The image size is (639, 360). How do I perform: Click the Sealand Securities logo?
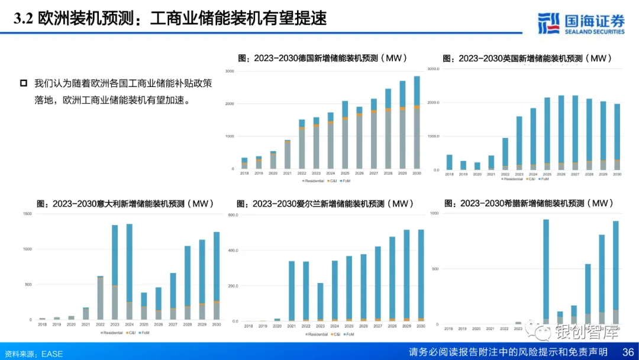tap(581, 23)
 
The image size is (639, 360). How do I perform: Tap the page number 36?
tap(628, 352)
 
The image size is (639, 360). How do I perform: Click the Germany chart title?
tap(322, 58)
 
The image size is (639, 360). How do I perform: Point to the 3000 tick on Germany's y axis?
tap(230, 71)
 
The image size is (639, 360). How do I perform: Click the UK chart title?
tap(527, 58)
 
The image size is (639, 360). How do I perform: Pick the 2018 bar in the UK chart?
tap(449, 162)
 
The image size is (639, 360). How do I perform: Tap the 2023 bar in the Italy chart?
tap(114, 272)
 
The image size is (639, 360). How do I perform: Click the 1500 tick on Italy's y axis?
tap(27, 213)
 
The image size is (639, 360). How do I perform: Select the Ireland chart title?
tap(324, 203)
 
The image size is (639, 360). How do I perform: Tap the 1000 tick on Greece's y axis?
tap(435, 213)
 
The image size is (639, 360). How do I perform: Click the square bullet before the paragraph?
tap(24, 82)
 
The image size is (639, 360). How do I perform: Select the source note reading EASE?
tap(33, 353)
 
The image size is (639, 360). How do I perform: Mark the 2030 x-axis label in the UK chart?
tap(617, 175)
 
